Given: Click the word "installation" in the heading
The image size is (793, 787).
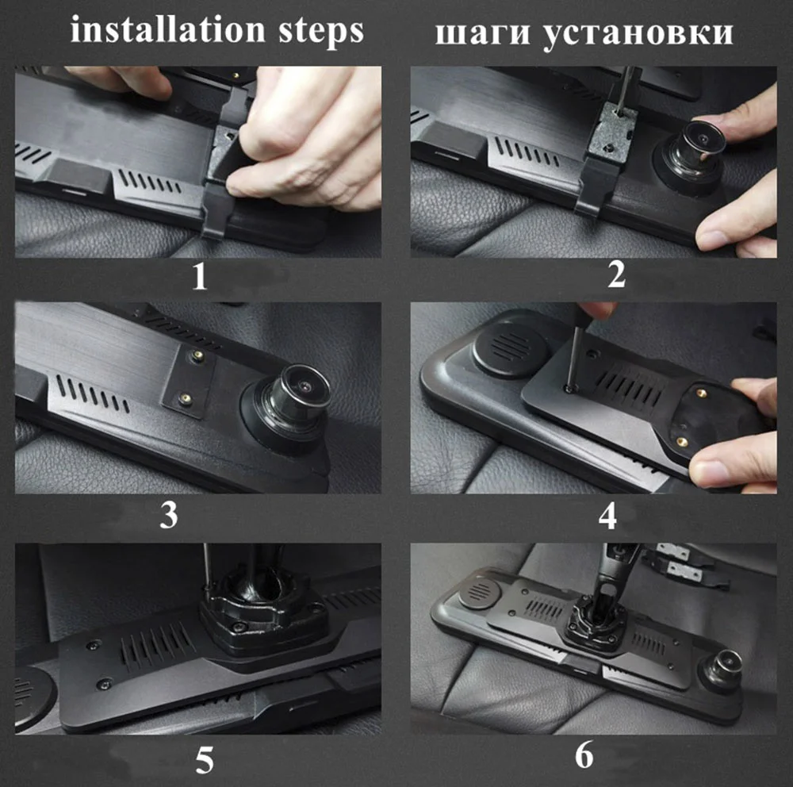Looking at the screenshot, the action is coord(167,29).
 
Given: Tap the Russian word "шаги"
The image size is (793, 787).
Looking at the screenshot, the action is coord(483,33).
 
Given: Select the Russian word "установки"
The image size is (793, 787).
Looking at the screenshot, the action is coord(638,33).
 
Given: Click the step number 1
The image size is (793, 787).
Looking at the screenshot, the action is coord(200,277).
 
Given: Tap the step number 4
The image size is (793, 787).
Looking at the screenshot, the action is coord(607,516).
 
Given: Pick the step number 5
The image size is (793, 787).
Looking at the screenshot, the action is coord(205,759).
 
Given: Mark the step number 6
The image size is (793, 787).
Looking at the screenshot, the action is coord(584,755).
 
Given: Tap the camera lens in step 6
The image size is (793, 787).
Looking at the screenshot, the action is coord(727,663).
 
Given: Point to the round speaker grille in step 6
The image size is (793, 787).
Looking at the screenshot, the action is coord(481,590).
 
